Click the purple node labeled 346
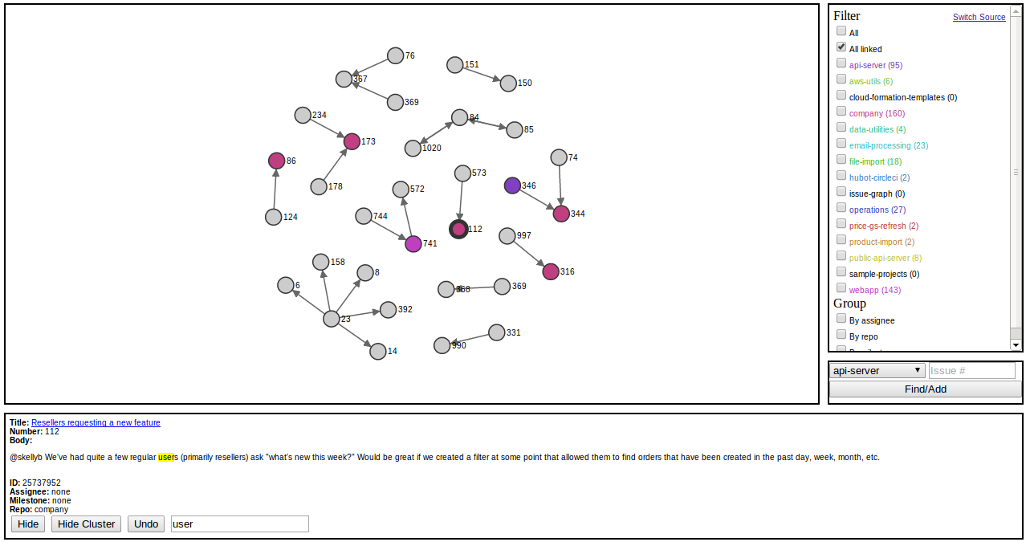512,185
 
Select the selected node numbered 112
458,229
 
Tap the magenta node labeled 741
413,243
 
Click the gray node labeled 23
332,319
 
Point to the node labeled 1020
413,148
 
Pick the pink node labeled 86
277,161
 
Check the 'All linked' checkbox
841,47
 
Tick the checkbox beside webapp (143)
841,288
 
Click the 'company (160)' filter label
877,113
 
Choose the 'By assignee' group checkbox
841,319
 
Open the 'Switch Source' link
979,17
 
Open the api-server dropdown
877,370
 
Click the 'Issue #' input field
971,371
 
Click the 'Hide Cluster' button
86,524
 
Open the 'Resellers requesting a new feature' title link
96,422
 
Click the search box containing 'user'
239,524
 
